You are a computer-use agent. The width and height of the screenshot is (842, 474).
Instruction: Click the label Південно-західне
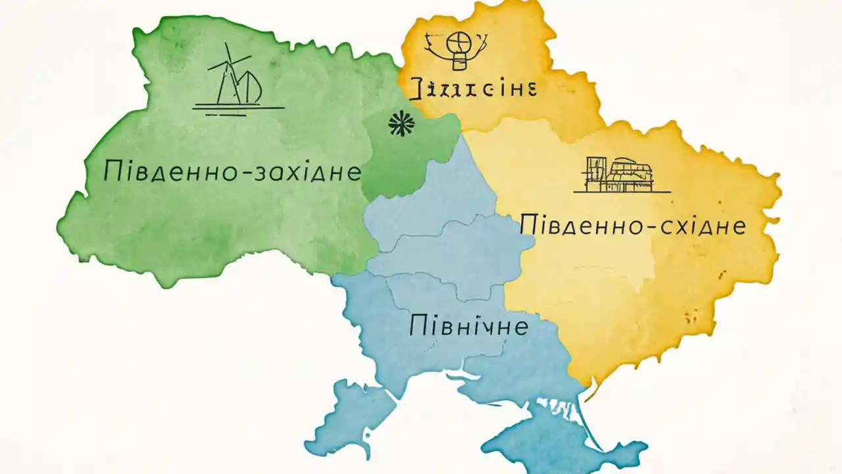tap(232, 171)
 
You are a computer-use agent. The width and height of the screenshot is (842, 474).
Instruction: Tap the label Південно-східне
tap(633, 226)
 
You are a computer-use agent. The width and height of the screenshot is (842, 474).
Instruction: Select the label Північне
tap(468, 325)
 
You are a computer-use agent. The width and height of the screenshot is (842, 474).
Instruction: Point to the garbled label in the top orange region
tap(472, 87)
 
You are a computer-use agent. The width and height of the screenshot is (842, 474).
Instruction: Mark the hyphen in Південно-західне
tap(274, 172)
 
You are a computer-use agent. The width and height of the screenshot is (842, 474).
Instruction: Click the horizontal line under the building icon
tap(622, 192)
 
